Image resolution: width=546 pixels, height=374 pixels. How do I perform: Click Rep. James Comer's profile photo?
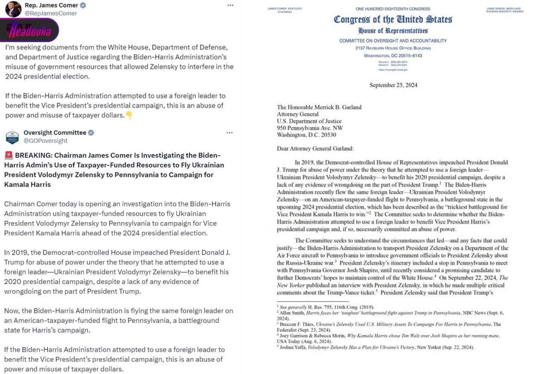(x=13, y=9)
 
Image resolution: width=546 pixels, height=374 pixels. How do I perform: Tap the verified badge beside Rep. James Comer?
(x=83, y=6)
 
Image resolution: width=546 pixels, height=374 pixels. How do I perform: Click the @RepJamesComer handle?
(x=51, y=13)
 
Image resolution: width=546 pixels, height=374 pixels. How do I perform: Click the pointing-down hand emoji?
(x=129, y=115)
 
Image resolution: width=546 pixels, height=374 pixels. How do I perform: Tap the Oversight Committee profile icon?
(x=12, y=136)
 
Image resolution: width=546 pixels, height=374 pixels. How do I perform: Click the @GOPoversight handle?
(x=45, y=141)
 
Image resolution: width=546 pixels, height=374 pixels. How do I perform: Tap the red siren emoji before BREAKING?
(x=9, y=155)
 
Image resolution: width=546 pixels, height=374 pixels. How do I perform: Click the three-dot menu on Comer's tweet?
(x=230, y=5)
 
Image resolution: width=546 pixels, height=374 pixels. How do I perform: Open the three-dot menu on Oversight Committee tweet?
(x=229, y=133)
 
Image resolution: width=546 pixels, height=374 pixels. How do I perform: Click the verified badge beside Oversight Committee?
(x=91, y=133)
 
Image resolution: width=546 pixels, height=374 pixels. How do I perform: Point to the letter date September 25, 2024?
(x=393, y=85)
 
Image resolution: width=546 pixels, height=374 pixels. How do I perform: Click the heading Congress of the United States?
(x=393, y=20)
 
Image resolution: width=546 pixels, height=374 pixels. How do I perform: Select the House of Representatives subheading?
(x=393, y=31)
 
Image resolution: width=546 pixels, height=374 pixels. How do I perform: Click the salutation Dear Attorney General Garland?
(x=315, y=149)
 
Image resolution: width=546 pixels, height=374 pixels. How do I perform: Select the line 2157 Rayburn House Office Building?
(x=393, y=48)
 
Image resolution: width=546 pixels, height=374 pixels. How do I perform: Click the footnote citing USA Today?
(x=388, y=339)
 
